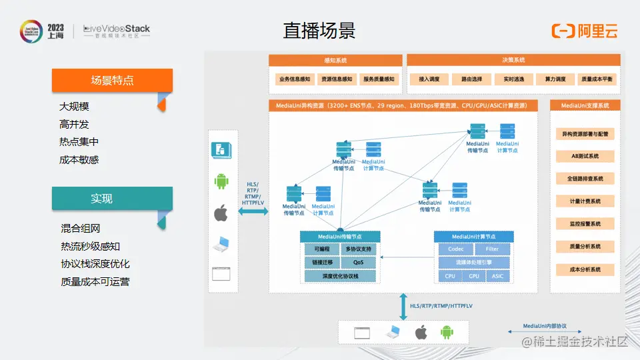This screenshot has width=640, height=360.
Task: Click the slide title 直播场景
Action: [319, 31]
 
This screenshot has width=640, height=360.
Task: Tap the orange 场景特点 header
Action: [112, 80]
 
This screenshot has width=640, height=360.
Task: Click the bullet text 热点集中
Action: [79, 142]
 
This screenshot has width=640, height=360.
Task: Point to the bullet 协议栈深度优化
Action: [95, 264]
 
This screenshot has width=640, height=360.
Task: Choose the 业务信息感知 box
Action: [295, 79]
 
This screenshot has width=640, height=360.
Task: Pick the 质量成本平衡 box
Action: [597, 79]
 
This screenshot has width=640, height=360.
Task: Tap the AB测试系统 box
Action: [585, 156]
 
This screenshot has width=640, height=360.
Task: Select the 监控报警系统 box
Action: [585, 224]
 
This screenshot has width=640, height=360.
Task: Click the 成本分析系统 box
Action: [585, 270]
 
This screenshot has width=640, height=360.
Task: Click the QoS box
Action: [359, 263]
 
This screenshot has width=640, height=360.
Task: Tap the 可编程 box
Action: [321, 249]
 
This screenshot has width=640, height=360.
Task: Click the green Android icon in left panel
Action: [221, 181]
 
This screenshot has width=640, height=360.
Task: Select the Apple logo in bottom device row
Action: [420, 332]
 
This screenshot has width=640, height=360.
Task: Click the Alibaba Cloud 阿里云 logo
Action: [584, 31]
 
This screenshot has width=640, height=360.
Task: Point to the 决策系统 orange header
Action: [513, 60]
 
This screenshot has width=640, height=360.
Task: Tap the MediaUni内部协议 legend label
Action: [545, 326]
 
